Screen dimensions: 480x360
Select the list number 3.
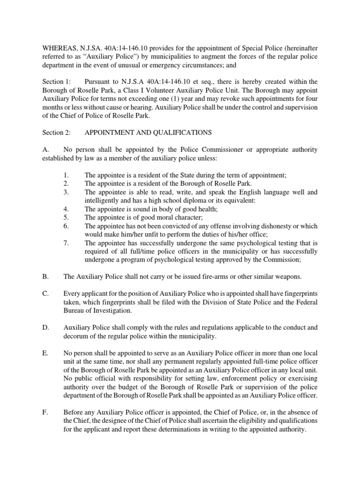66,192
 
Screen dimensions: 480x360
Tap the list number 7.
66,243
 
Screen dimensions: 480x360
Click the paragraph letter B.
45,277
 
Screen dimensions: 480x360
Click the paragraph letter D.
45,327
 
